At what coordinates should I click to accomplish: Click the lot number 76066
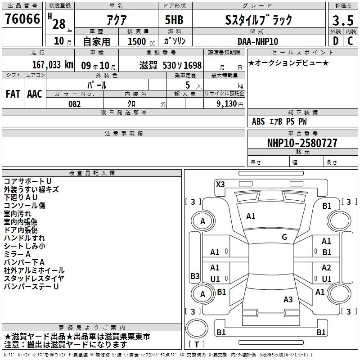pos(22,19)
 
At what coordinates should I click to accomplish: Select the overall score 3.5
pos(343,20)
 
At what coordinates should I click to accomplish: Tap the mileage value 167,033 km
pos(53,65)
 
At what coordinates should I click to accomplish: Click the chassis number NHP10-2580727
pos(302,143)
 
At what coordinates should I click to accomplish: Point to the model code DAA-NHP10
pos(258,41)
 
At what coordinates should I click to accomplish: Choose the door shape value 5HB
pos(174,20)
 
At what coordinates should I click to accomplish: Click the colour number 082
pos(75,104)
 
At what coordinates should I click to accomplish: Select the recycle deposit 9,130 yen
pos(230,104)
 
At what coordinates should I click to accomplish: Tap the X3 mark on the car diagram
pos(220,184)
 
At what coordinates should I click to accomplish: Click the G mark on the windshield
pos(284,237)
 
